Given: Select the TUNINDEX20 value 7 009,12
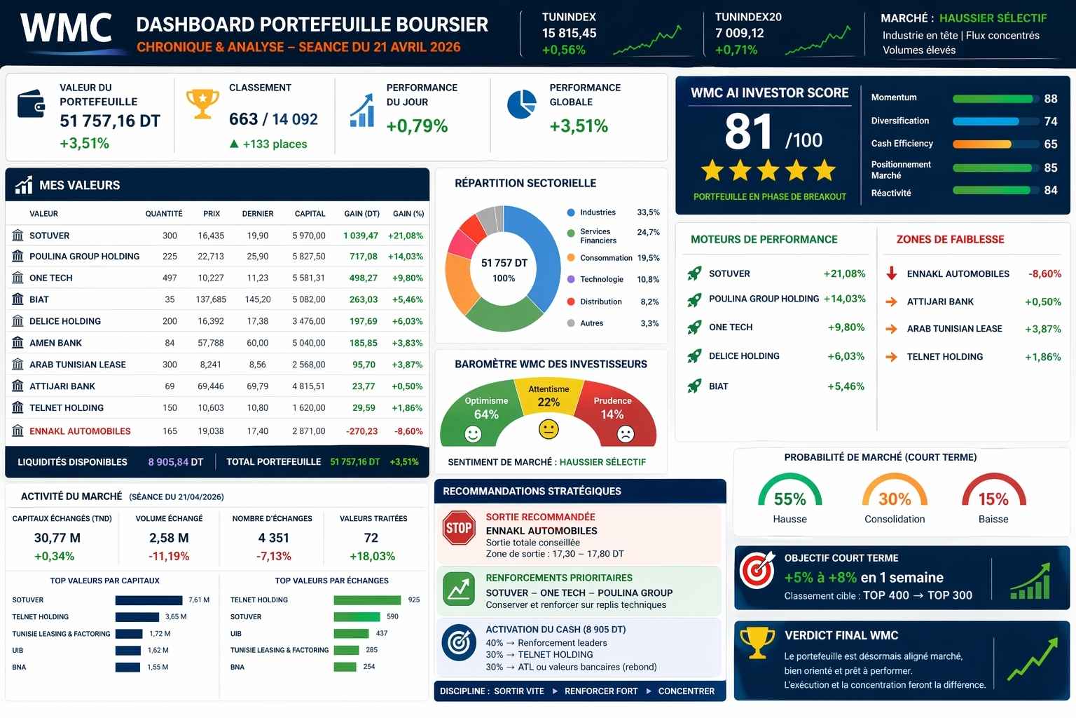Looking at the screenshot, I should pos(739,33).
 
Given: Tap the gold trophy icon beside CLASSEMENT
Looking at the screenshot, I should pos(202,104).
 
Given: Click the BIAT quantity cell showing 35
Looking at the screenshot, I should pos(170,299).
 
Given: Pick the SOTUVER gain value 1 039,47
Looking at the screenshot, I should pos(360,236).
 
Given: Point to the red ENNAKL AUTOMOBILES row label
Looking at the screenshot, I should pos(80,431).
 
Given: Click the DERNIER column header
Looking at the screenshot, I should pos(257,214).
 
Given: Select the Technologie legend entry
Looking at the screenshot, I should pos(601,279).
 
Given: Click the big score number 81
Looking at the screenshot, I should pos(748,132).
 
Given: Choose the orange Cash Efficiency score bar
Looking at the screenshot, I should pos(982,144).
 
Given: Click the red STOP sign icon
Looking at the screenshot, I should pos(459,528).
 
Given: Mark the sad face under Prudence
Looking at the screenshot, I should pos(625,434).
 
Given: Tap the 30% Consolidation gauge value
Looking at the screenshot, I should pos(895,499).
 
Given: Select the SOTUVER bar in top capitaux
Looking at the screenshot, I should pos(149,600).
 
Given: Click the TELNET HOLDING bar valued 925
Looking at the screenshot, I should pos(367,600).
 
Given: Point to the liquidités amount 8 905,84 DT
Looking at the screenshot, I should pos(175,462).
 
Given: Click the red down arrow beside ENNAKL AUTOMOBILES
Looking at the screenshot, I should pos(892,273).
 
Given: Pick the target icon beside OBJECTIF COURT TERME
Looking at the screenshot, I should pos(757,569).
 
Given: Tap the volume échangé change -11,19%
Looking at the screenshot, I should pos(169,556).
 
